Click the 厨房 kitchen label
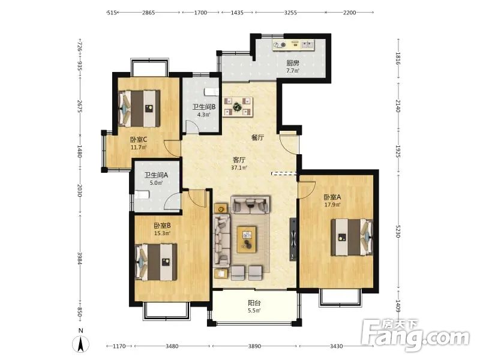[x=293, y=64]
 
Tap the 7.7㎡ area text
[x=293, y=71]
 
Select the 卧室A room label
[x=332, y=197]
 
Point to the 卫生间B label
[x=204, y=107]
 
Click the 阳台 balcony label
[x=254, y=303]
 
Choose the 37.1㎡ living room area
[x=239, y=168]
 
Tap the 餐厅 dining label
[x=257, y=138]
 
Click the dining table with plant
[x=238, y=107]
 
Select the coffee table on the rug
[x=247, y=239]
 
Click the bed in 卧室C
[x=139, y=109]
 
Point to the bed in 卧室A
[x=352, y=237]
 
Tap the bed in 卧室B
[x=156, y=262]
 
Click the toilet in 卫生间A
[x=142, y=194]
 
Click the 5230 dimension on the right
[x=398, y=232]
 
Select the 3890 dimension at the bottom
[x=254, y=346]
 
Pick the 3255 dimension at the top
[x=290, y=13]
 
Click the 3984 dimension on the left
[x=80, y=259]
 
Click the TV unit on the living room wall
[x=293, y=239]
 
